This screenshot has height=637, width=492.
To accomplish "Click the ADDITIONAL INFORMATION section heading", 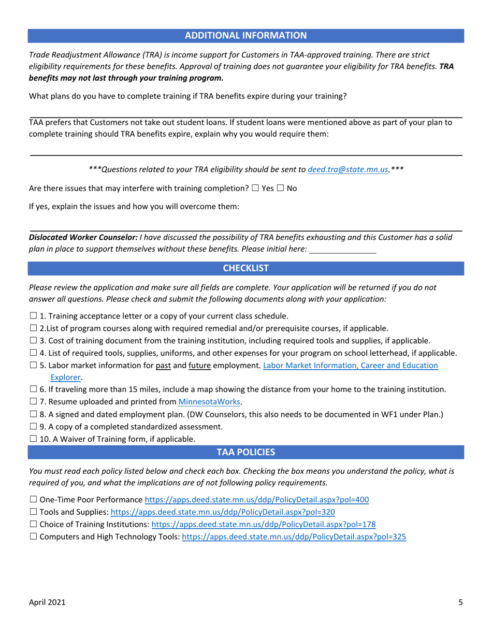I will point(245,35).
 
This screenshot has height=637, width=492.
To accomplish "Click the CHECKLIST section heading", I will point(245,268).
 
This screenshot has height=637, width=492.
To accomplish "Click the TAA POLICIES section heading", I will point(245,452).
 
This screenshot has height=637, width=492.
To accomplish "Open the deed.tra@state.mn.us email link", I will point(348,169).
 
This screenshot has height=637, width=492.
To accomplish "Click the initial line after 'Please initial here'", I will point(342,250).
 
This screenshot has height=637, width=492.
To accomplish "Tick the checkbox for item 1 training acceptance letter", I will point(33,316).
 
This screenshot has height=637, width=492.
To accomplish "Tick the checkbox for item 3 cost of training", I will point(33,340).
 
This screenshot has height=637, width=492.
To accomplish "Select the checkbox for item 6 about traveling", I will point(33,389).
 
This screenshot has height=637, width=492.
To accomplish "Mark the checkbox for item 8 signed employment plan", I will point(33,414).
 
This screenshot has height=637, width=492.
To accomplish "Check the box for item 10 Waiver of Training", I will point(33,439).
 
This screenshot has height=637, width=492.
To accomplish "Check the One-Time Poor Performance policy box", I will point(33,500).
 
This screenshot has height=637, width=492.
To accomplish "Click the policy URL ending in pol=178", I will point(263,525).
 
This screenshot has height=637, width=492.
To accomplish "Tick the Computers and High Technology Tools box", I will point(33,537).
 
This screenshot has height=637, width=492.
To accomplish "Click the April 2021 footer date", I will point(47,602).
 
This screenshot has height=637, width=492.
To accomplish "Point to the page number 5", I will point(460,602).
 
